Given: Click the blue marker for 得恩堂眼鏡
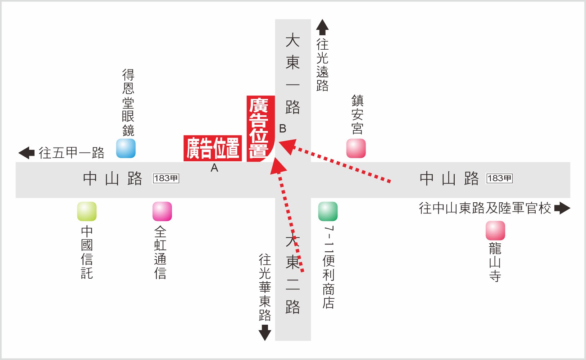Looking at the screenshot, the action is point(126,148).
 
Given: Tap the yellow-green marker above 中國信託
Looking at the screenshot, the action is point(87,211).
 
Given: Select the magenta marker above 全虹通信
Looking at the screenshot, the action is point(162,211).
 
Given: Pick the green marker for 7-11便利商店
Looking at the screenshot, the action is point(328,211).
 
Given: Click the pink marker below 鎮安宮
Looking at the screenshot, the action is point(356,148).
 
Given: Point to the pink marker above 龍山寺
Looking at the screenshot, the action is point(495,230).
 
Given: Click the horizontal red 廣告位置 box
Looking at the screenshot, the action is point(213,148).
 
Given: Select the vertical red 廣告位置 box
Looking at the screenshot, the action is point(260,129).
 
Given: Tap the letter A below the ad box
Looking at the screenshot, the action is point(214,168).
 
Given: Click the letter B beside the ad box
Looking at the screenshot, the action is point(283,129).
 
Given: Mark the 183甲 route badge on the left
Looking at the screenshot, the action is point(166,178).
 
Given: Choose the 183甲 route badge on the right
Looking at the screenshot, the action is point(499,178).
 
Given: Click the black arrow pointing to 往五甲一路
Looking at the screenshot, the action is point(26,153).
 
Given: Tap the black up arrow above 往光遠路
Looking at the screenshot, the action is point(322,27).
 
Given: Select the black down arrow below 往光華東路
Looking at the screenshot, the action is point(265,333).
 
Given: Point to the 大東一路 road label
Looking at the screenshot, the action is point(292,73).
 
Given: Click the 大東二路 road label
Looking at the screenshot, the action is point(292,274).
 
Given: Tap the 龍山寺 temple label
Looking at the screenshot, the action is point(495,262).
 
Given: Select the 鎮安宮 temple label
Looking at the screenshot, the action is point(357,115).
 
